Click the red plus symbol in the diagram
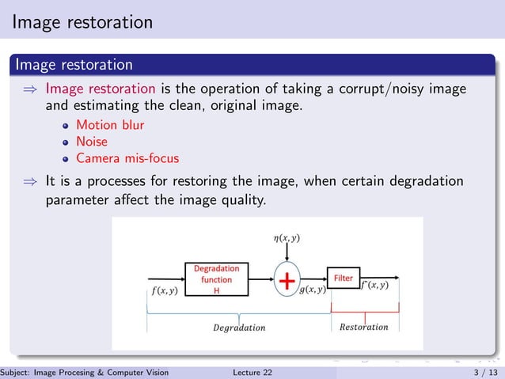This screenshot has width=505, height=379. pos(287,281)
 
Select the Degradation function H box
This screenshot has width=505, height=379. pos(216,279)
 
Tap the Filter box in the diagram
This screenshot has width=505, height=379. pos(344,279)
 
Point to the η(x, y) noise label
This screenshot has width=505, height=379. pos(286,237)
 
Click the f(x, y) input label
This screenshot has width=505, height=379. pos(164,290)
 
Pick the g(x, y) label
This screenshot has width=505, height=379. pos(313,290)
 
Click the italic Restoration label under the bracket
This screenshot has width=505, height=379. pos(363,327)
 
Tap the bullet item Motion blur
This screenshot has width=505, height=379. pos(110,125)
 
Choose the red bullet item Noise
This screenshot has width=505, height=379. pos(91,142)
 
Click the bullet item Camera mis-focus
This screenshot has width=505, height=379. pos(127,158)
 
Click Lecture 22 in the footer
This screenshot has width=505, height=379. pos(252,372)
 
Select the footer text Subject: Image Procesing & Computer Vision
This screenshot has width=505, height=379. pos(85,372)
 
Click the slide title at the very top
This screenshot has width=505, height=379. pos(82,22)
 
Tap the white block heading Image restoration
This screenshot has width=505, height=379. pos(74,63)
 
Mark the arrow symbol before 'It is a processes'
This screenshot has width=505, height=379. pos(30,183)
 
